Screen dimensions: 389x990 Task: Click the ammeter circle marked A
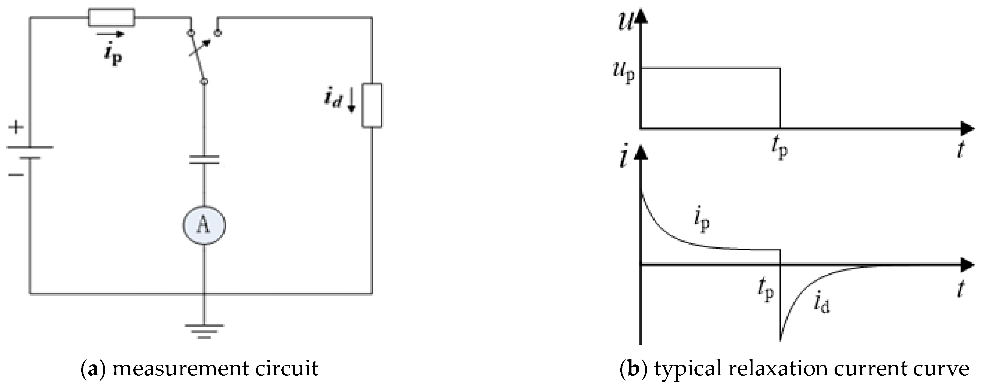tap(204, 226)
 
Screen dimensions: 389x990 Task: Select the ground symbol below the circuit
tap(204, 331)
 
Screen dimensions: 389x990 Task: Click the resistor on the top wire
tap(112, 18)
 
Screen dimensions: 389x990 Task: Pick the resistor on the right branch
tap(372, 105)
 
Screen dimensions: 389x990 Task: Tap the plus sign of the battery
tap(16, 127)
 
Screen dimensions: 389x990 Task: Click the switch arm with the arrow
tap(198, 57)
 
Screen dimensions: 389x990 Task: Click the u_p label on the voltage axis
tap(624, 73)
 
